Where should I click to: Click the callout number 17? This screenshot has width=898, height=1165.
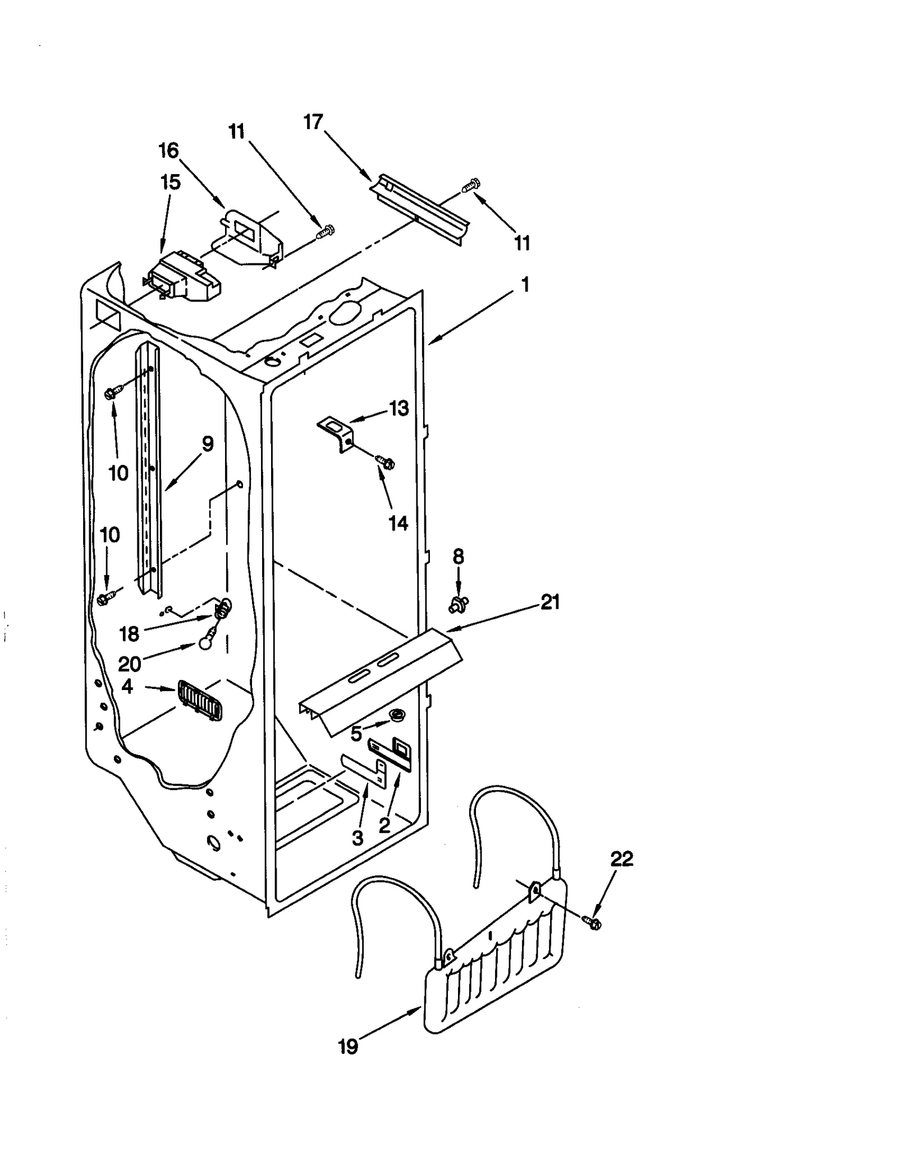tap(313, 122)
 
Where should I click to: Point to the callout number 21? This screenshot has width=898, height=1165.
tap(550, 602)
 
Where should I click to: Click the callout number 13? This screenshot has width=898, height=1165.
tap(399, 408)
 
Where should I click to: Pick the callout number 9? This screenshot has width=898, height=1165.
tap(208, 444)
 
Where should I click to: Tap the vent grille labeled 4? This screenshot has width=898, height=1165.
tap(199, 701)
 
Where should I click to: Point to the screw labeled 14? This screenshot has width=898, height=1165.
tap(386, 462)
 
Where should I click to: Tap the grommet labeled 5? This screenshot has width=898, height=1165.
tap(397, 715)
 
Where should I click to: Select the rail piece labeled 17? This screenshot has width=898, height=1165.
tap(421, 211)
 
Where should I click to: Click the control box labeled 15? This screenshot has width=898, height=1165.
tap(182, 277)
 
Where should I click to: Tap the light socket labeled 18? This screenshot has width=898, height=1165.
tap(222, 608)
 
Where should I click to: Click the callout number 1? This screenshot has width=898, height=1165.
tap(525, 285)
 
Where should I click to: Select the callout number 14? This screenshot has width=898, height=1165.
tap(398, 523)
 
